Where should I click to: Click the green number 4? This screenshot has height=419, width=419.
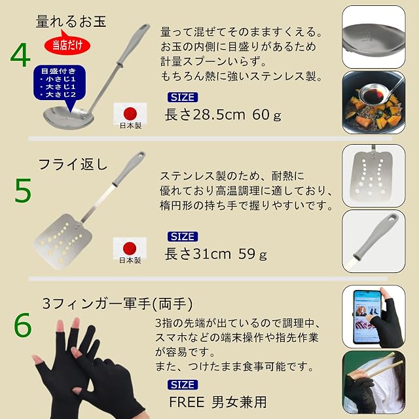[20, 55]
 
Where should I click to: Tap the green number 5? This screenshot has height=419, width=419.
[23, 190]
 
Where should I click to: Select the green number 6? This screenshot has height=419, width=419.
[23, 325]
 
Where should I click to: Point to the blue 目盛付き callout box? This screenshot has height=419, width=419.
[60, 83]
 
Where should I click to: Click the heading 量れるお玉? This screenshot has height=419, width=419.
[71, 22]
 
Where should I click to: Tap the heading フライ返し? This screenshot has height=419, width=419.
[73, 164]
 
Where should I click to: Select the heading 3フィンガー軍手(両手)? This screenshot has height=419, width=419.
[117, 304]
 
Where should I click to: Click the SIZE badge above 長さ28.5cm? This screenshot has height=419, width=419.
[183, 98]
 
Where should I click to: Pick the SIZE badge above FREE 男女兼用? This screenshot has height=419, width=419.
[183, 384]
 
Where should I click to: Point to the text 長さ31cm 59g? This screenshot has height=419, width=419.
[215, 254]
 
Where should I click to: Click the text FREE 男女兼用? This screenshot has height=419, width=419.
[218, 402]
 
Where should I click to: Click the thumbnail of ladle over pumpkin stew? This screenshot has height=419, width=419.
[374, 102]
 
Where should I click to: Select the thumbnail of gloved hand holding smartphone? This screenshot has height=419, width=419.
[374, 317]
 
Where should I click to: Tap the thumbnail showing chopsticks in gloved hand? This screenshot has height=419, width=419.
[374, 382]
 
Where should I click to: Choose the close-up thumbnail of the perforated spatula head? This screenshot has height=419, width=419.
[374, 175]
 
